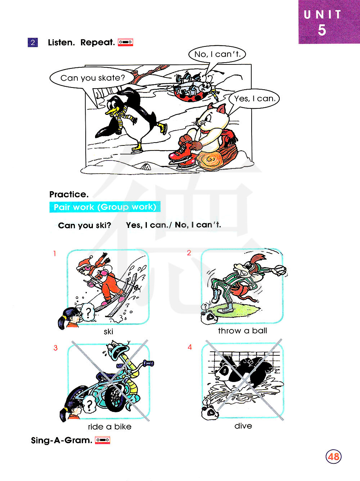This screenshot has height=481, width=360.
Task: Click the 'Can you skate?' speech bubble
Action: [x=92, y=78]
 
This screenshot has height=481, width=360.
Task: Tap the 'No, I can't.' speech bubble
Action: [x=217, y=54]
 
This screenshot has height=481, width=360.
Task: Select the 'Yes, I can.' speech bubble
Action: [x=254, y=99]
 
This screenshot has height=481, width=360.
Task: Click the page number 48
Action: [x=333, y=457]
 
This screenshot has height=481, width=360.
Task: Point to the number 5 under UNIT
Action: [x=321, y=30]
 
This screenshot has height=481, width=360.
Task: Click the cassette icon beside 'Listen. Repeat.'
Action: [x=125, y=42]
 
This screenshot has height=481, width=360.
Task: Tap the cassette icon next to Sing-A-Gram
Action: [x=103, y=440]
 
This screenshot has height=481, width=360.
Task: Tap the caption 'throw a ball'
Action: [x=243, y=331]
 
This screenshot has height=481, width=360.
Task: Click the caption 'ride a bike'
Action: [x=109, y=427]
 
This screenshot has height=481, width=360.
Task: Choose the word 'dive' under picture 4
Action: [x=243, y=426]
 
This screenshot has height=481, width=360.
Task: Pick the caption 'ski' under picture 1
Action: [x=108, y=332]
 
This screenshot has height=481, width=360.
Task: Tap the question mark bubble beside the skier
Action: [x=88, y=312]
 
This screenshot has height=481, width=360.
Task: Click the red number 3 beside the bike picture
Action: [x=55, y=348]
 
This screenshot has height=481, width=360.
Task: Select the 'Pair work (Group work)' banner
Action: [x=105, y=207]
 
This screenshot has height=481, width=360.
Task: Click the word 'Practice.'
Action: [x=69, y=194]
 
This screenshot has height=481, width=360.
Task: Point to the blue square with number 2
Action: [x=33, y=42]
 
